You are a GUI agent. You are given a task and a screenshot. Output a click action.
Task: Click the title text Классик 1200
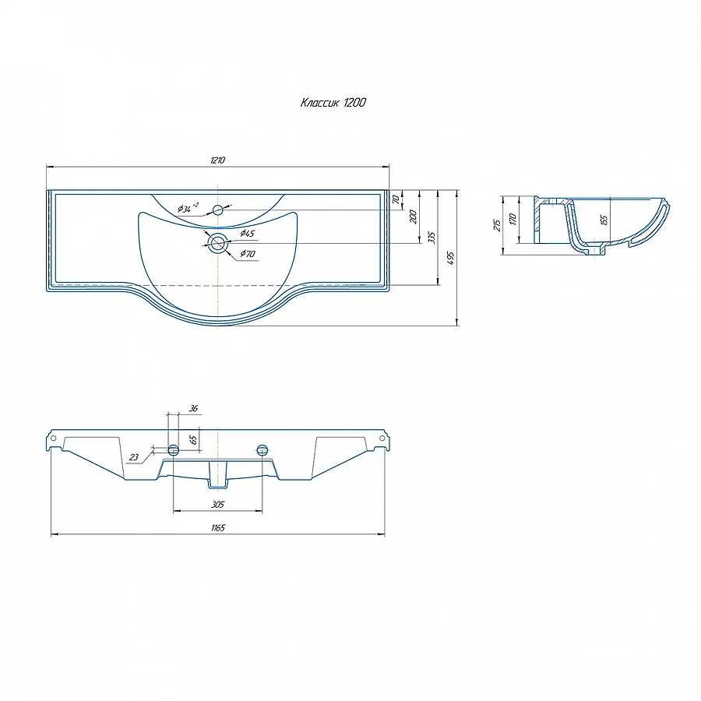click(333, 103)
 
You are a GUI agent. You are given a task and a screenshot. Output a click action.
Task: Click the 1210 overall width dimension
click(218, 160)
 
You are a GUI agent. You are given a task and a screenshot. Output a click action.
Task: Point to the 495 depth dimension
click(451, 258)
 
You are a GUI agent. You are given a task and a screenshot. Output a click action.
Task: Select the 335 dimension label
click(432, 238)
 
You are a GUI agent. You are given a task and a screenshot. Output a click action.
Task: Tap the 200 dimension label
click(413, 217)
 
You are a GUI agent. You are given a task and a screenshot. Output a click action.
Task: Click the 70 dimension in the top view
click(396, 199)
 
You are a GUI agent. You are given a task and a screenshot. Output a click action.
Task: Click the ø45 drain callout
click(247, 233)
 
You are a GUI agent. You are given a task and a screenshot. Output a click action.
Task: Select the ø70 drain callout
click(248, 253)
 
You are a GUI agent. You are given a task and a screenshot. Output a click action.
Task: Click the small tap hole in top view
click(218, 210)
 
